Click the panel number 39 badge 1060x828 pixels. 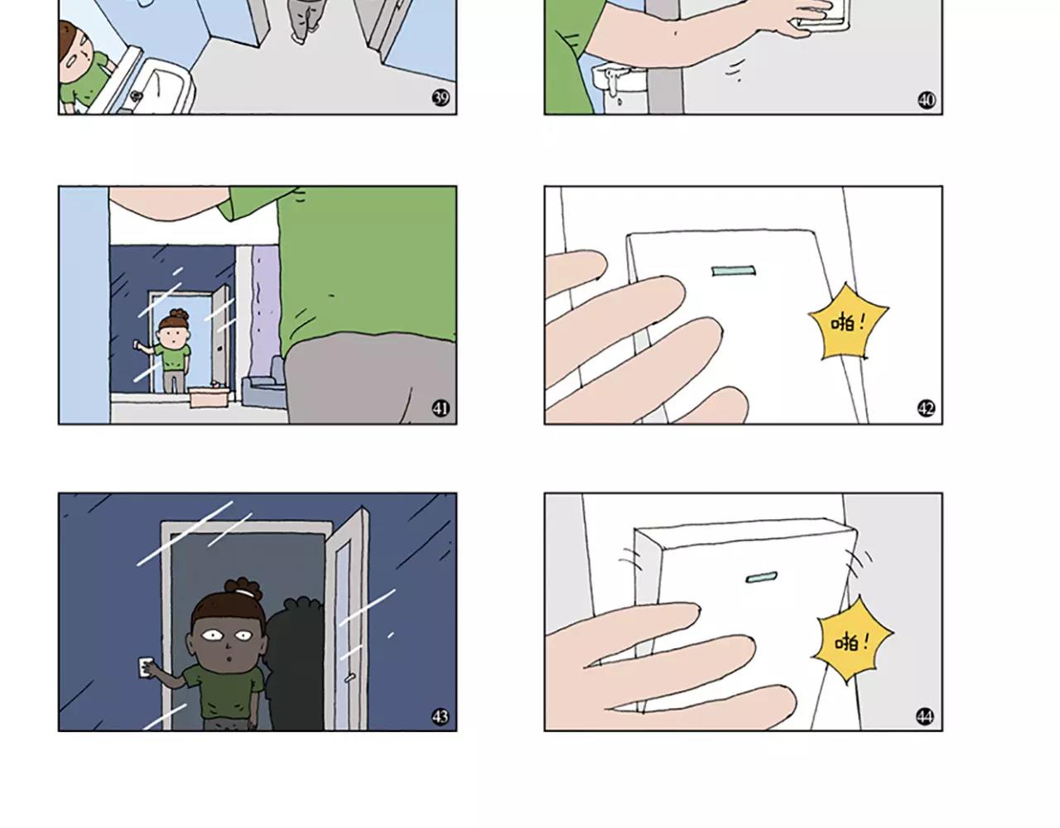(441, 98)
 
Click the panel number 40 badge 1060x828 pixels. (927, 100)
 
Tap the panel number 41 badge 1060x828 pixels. (441, 407)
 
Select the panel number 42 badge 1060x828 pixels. (926, 407)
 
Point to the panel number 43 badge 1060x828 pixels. (441, 716)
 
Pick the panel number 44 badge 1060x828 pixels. (925, 716)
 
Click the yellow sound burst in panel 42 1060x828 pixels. (849, 323)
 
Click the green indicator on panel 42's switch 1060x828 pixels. (733, 271)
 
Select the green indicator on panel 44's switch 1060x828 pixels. (762, 578)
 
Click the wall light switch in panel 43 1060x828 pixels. (145, 667)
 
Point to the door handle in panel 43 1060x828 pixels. (349, 676)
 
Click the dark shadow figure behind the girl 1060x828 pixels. (294, 663)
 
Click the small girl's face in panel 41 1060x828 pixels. (173, 335)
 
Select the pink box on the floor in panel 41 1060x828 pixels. (209, 397)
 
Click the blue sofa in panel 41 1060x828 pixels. (263, 385)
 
